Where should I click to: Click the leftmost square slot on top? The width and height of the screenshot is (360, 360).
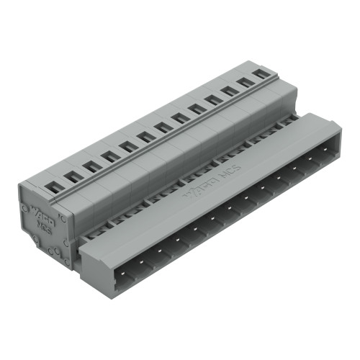(x=52, y=187)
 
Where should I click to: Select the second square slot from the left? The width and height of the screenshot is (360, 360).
(x=72, y=176)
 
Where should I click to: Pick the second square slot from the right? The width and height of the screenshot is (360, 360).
(x=246, y=83)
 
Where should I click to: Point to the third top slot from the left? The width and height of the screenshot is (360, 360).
(x=91, y=166)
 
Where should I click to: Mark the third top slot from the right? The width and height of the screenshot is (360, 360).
(x=229, y=92)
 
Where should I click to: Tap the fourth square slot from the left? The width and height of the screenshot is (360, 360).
(x=110, y=156)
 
